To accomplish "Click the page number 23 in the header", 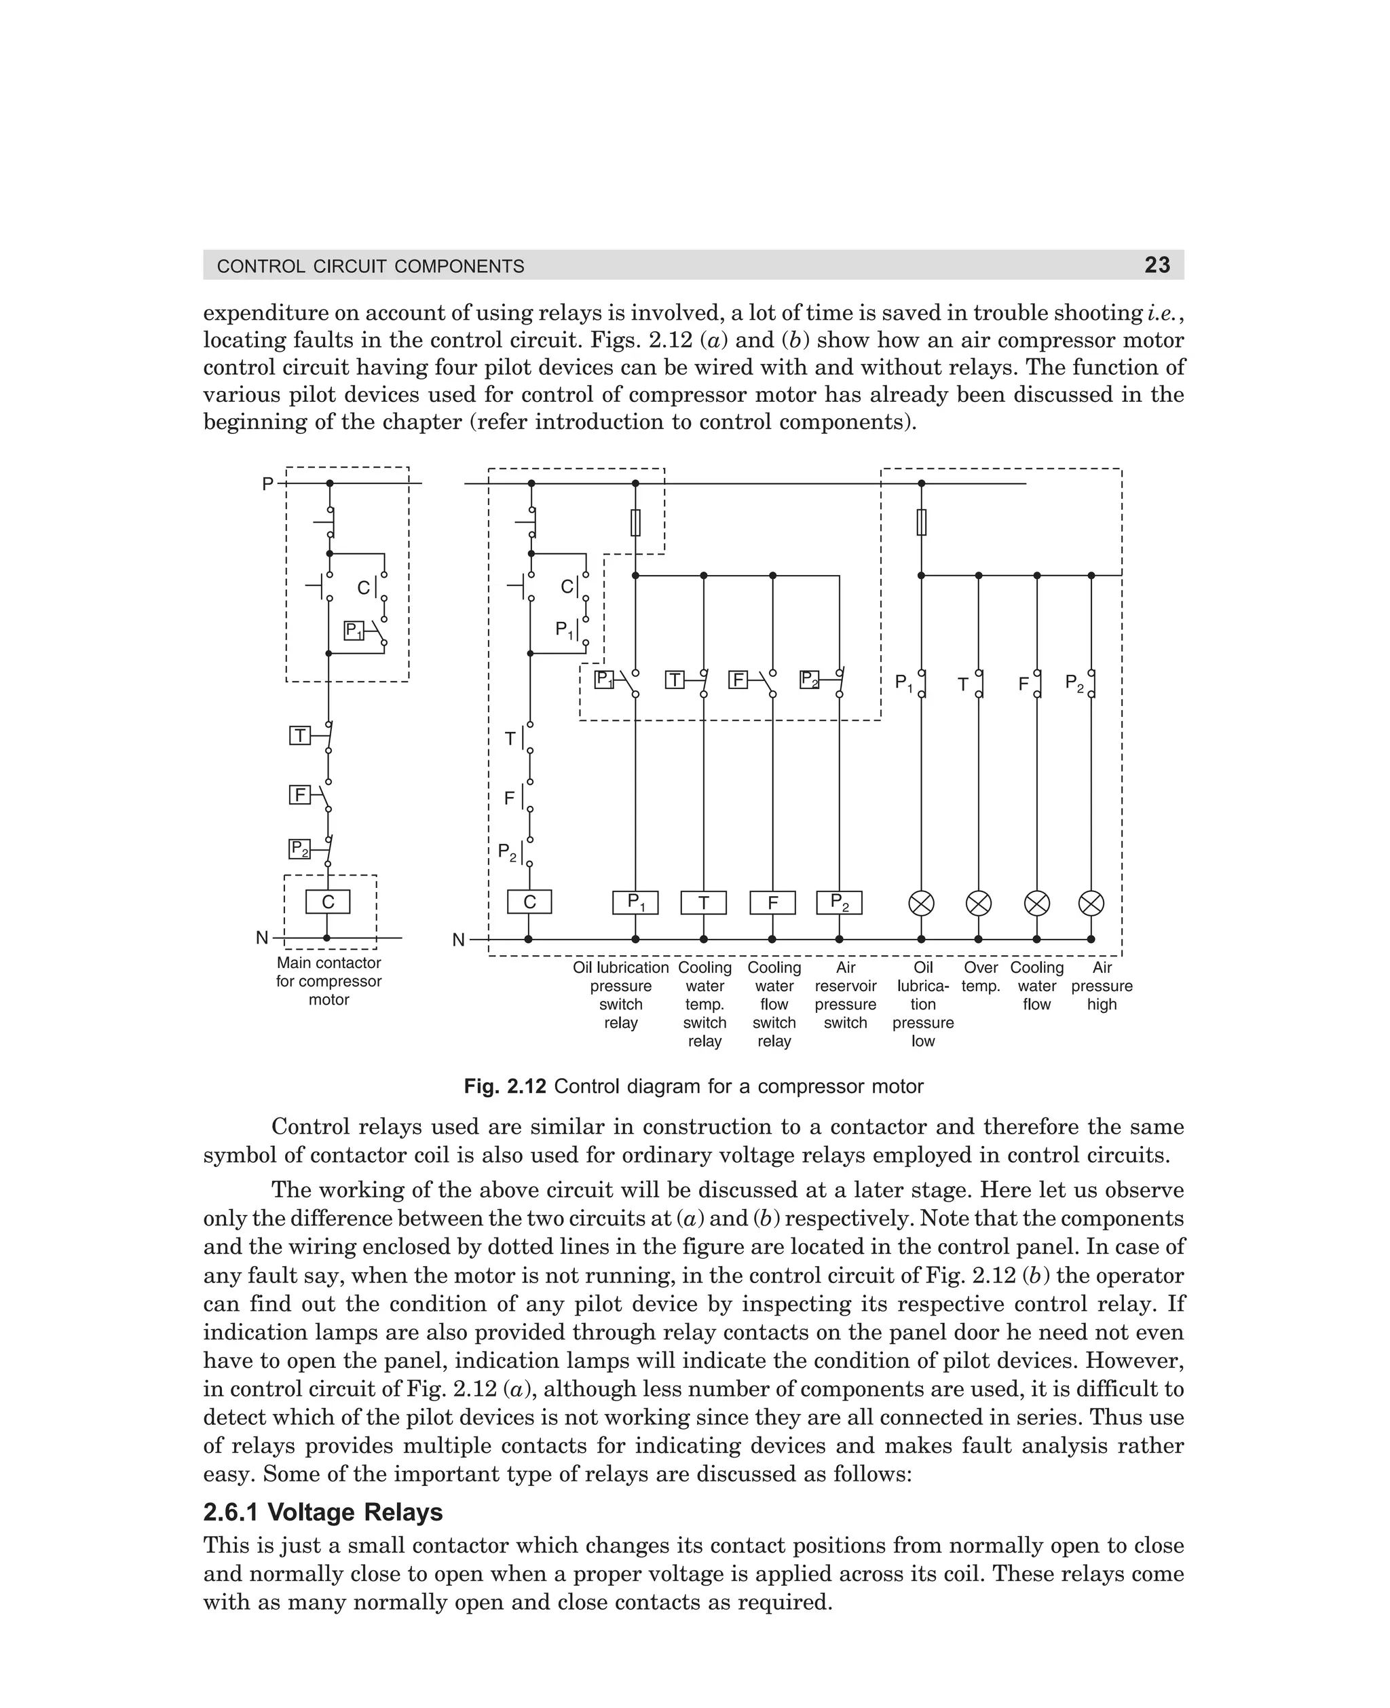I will pos(1157,265).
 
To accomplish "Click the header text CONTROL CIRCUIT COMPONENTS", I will pos(371,267).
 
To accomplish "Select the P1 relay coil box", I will pos(635,902).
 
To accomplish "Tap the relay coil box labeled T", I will pos(703,902).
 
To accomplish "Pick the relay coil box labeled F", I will pos(772,902).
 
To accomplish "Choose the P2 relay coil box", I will pos(839,902).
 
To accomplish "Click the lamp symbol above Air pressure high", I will pos(1091,904).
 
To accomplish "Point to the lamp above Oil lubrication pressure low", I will pos(922,904).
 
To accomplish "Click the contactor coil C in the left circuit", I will pos(328,902).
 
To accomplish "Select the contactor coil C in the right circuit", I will pos(529,902).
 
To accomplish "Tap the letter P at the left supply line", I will pos(267,483).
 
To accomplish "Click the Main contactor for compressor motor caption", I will pos(329,981).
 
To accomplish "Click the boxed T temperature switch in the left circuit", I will pos(299,735).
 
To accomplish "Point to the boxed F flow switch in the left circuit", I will pos(299,794).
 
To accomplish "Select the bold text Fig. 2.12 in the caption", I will pos(504,1087).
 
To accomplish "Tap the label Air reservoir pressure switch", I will pos(846,995).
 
